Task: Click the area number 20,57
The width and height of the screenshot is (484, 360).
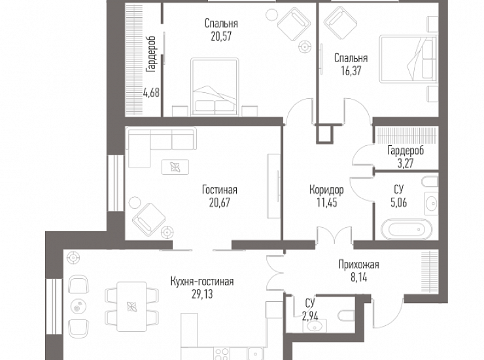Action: pos(221,37)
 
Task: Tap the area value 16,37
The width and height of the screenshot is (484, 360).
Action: pos(351,71)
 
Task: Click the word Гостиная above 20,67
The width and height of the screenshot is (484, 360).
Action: pos(220,189)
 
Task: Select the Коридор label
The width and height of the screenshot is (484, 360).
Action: pos(326,189)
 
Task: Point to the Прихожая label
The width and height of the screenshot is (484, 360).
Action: pos(358,264)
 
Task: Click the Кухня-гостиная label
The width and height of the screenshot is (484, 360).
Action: pos(202,281)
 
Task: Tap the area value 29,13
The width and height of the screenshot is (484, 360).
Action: pos(202,295)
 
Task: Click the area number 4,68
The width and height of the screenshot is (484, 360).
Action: pos(151,92)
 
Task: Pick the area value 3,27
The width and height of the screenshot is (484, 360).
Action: pos(406,163)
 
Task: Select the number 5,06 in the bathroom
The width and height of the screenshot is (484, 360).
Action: pos(398,202)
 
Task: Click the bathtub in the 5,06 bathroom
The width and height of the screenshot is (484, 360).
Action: pos(407,230)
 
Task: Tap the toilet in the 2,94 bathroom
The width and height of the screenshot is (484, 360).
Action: pos(347,315)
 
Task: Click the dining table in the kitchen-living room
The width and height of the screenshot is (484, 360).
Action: pos(131,306)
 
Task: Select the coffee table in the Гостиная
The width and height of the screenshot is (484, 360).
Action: pos(175,167)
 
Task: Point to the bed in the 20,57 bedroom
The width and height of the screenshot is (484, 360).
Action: pos(215,87)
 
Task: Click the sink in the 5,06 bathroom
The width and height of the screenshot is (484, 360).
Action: pos(431,204)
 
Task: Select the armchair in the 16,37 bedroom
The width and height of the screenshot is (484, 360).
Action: pos(340,22)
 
